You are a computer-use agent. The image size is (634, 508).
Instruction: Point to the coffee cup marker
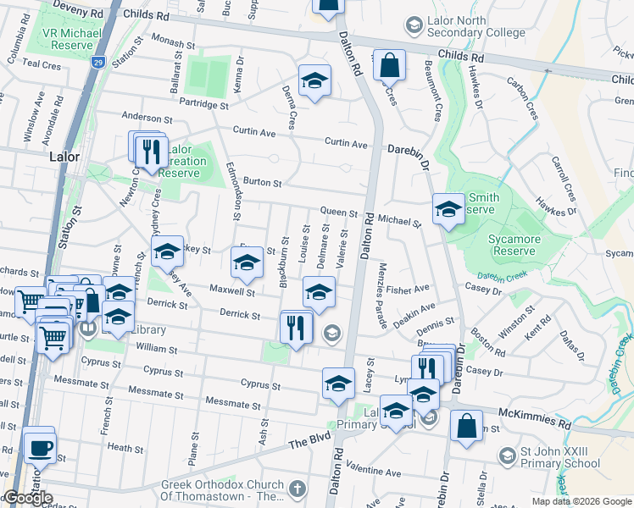[x=39, y=445]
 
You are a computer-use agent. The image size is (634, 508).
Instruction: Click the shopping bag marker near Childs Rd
[x=389, y=65]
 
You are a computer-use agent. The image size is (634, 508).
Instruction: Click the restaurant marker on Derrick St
[x=296, y=327]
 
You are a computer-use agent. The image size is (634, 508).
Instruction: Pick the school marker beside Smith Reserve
[x=448, y=210]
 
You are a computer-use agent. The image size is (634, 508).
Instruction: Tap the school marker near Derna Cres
[x=314, y=81]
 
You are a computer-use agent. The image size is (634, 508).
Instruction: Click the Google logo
[x=28, y=499]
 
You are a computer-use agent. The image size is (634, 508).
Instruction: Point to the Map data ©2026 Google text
[x=581, y=501]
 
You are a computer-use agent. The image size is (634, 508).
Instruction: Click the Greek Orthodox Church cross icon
[x=296, y=489]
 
